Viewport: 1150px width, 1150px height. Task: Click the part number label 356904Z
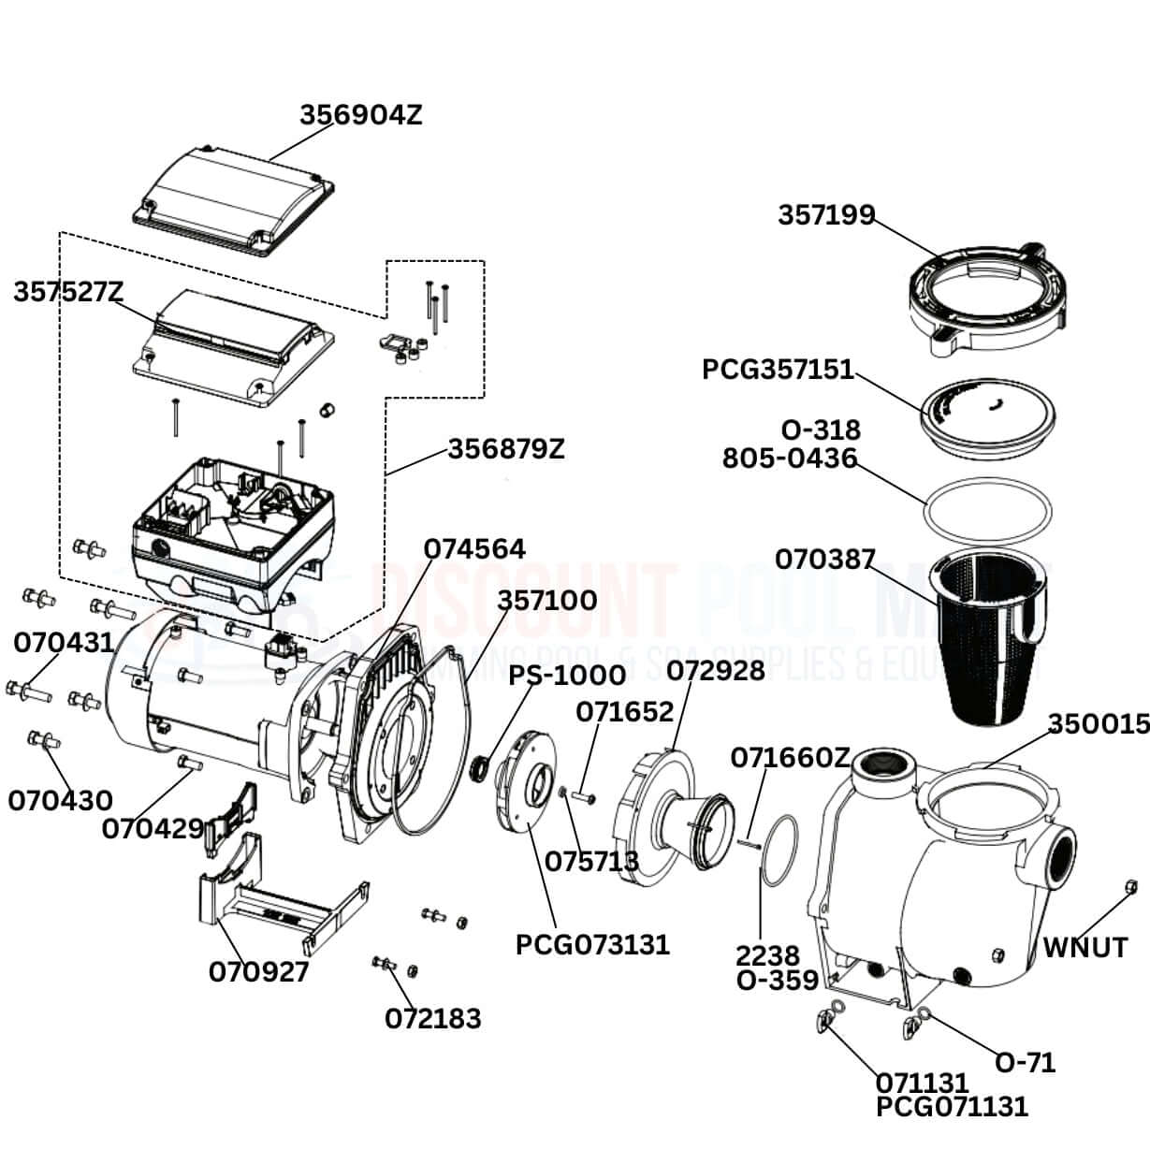[360, 115]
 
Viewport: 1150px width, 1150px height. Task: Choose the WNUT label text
[1085, 948]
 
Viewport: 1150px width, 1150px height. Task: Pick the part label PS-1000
[567, 676]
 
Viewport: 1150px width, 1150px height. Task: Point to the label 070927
[258, 972]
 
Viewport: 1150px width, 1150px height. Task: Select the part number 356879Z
[506, 449]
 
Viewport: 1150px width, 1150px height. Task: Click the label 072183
[433, 1018]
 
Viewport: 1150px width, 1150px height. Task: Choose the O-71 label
[1025, 1062]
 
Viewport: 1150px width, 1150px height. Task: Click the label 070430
[60, 801]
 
